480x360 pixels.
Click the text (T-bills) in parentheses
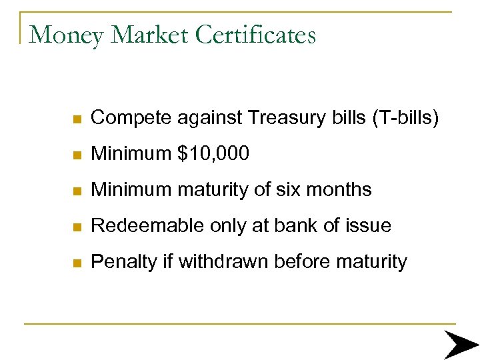[405, 118]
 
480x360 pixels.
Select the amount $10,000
[213, 154]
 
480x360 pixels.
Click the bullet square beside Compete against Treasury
[77, 119]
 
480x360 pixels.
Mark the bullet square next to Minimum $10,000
[77, 155]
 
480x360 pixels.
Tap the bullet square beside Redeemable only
[77, 227]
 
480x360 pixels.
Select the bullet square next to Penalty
[77, 263]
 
